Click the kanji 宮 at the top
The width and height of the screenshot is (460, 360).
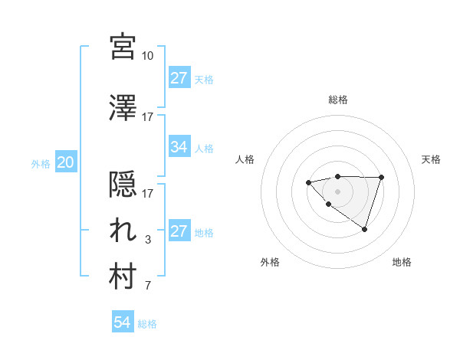point(123,47)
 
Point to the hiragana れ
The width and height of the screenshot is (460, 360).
point(123,230)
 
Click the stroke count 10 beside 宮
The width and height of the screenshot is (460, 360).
point(148,56)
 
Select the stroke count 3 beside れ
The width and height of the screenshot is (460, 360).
point(148,240)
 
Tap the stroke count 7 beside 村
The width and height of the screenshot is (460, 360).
point(148,286)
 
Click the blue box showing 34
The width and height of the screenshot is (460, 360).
point(179,147)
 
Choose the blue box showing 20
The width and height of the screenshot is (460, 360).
point(65,162)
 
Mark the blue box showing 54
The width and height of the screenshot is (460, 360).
point(122,322)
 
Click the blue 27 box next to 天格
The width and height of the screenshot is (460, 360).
point(179,78)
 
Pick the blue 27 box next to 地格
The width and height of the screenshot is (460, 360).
point(179,232)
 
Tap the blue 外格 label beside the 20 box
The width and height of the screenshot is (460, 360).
point(41,163)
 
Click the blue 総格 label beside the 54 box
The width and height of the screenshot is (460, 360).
point(147,324)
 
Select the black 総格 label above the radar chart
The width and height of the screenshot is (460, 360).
point(337,100)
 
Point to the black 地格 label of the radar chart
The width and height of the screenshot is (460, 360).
point(402,262)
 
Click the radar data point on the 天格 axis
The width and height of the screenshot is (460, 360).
point(382,178)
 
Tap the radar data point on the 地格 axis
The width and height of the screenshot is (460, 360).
point(365,229)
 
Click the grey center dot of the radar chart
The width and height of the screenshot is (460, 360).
point(337,191)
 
